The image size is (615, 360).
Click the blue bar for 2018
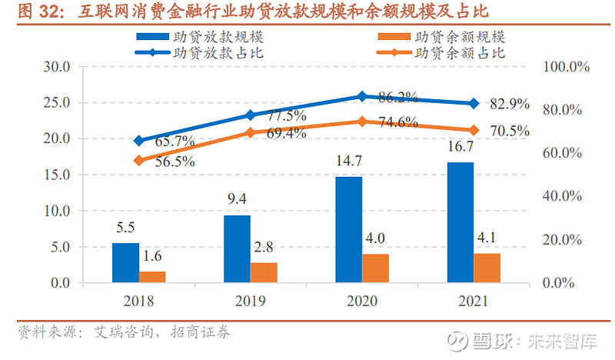click(x=125, y=262)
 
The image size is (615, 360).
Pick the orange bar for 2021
click(x=487, y=268)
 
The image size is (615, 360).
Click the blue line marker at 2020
click(x=362, y=96)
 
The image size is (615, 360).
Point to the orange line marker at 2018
click(x=138, y=161)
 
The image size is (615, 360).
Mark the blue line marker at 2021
click(x=474, y=103)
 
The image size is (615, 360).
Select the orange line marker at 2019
click(x=250, y=132)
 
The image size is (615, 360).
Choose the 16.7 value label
click(x=460, y=148)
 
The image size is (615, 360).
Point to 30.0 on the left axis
click(x=56, y=67)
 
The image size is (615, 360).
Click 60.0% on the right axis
click(x=566, y=153)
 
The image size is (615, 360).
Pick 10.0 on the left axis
click(x=56, y=211)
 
